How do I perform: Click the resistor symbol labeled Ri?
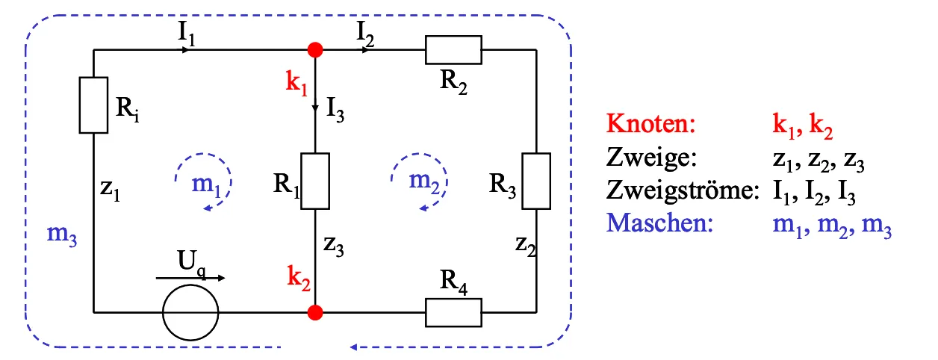[x=94, y=105]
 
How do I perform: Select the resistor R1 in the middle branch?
[x=315, y=181]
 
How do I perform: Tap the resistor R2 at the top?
[x=453, y=50]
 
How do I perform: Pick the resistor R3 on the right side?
[x=536, y=181]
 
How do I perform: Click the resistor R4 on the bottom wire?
[x=453, y=311]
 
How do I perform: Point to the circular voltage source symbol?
[x=190, y=311]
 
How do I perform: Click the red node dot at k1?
[x=315, y=50]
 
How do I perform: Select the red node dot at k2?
[x=315, y=311]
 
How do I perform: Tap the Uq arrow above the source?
[x=190, y=278]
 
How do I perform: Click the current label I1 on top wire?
[x=187, y=34]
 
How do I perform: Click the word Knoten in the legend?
[x=650, y=123]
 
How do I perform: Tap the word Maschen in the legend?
[x=656, y=223]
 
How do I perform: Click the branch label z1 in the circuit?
[x=110, y=190]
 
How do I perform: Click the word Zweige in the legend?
[x=651, y=157]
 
